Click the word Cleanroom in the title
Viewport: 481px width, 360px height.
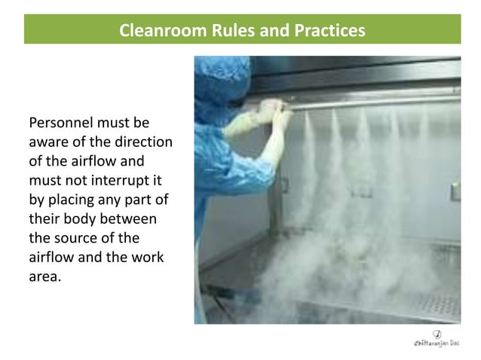point(155,31)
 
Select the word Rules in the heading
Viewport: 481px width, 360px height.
point(219,31)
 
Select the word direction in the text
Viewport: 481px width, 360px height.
point(142,142)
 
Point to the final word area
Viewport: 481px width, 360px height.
point(42,276)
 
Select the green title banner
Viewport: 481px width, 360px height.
point(242,31)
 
